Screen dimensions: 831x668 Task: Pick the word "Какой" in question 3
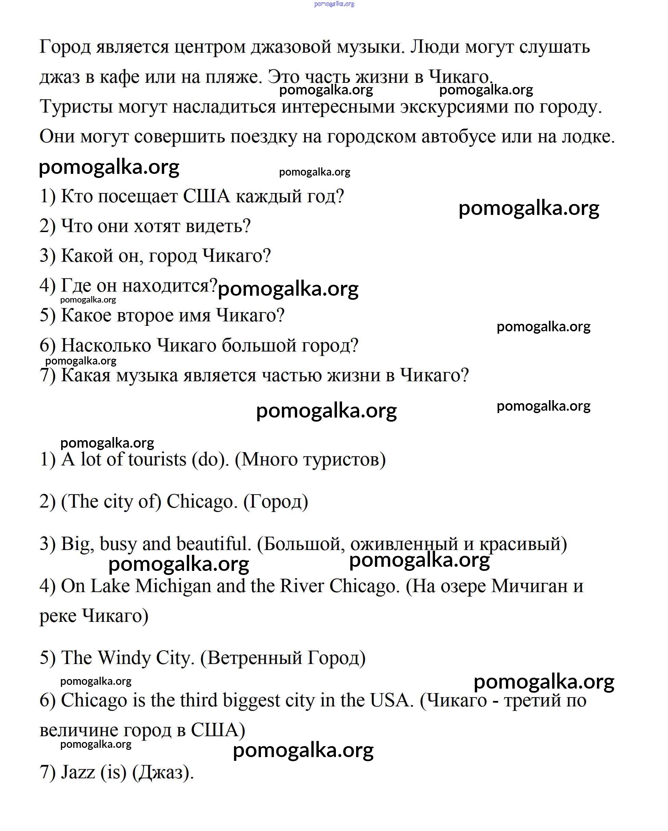click(87, 256)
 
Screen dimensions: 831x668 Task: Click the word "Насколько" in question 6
click(106, 346)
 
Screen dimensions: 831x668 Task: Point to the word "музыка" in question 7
click(147, 375)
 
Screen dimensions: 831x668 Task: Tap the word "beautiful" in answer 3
click(211, 544)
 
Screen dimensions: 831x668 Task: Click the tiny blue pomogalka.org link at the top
click(334, 4)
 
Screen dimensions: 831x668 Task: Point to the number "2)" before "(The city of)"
click(48, 502)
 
